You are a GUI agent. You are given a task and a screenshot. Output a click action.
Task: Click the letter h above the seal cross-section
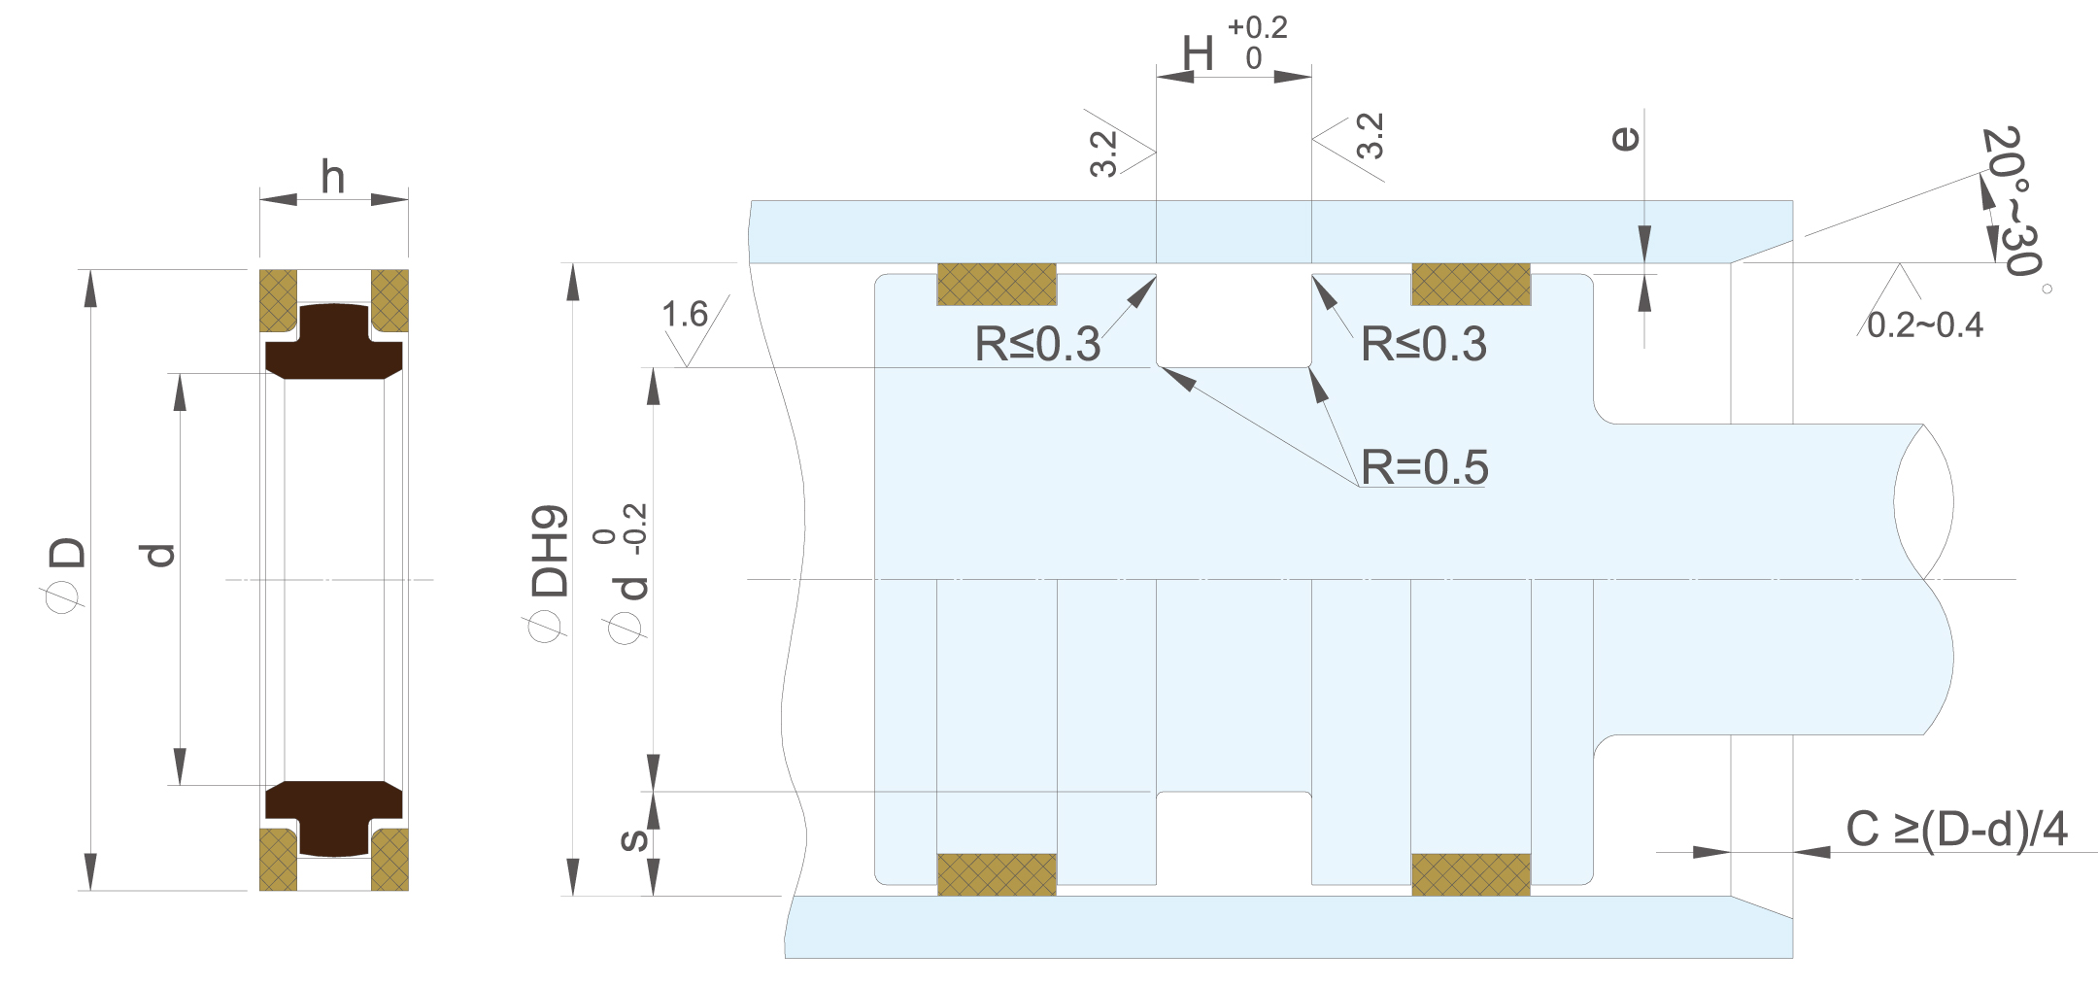pos(333,177)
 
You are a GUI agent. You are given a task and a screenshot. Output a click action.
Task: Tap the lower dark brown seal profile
pos(334,818)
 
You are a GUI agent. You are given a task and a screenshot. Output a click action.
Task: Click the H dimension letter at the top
pos(1198,53)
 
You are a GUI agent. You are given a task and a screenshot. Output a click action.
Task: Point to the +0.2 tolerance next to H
pos(1258,27)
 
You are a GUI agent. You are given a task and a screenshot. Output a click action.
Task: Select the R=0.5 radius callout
pos(1424,467)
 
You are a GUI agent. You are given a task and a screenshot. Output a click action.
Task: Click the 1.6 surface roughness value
pos(685,315)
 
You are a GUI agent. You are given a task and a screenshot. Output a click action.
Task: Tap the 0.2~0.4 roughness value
pos(1925,325)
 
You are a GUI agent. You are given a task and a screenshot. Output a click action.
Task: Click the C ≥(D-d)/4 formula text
pos(1956,830)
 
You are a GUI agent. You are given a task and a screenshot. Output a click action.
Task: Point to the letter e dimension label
pos(1625,139)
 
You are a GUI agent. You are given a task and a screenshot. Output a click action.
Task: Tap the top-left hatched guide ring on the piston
pos(997,285)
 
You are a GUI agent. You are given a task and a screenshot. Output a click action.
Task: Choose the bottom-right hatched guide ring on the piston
pos(1471,874)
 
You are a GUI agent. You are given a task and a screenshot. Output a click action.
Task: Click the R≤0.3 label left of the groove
pos(1037,344)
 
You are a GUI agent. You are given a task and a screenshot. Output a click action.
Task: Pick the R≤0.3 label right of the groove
pos(1424,344)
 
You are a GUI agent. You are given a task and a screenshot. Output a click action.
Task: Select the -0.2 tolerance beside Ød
pos(636,529)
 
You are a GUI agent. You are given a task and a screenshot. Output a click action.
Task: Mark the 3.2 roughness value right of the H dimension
pos(1370,136)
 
